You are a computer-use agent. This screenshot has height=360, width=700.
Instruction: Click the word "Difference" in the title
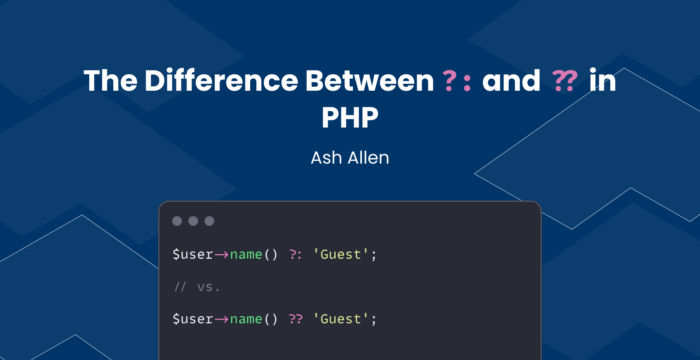221,81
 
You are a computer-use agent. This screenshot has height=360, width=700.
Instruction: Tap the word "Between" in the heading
369,81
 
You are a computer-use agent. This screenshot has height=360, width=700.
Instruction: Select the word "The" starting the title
110,81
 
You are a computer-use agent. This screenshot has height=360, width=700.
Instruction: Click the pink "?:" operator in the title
457,81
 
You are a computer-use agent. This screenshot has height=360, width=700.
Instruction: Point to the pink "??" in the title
565,81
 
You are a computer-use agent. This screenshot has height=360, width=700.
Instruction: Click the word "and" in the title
511,81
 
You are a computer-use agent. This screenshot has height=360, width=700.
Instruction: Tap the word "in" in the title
602,81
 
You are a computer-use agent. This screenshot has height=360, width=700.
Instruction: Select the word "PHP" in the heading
350,118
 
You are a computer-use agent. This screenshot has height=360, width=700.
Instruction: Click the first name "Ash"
326,158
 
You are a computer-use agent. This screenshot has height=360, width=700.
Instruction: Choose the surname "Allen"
368,158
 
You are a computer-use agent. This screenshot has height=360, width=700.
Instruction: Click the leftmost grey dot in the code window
177,221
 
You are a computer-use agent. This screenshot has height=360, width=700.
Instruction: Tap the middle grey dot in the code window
193,221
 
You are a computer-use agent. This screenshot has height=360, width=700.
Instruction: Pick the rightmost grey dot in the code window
209,221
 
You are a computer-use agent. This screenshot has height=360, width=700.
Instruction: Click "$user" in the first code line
193,254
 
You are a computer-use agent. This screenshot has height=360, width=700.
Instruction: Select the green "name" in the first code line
246,254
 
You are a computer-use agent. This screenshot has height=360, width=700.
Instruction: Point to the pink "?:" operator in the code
295,254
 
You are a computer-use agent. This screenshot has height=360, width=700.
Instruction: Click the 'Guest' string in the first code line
341,254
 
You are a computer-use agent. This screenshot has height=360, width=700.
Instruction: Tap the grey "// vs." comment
197,287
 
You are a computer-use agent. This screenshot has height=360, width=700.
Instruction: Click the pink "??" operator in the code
295,319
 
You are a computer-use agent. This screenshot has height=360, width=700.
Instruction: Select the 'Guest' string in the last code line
341,319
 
